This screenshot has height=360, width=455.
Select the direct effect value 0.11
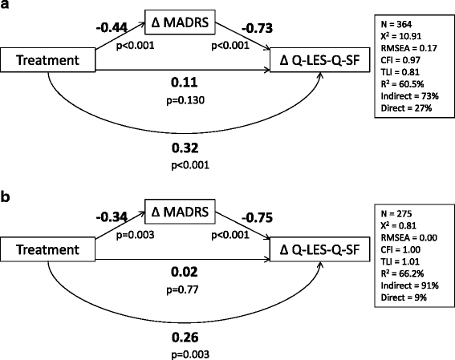[x=185, y=82]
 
